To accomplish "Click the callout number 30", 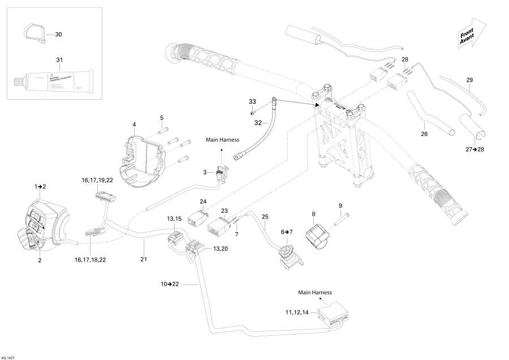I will [59, 35].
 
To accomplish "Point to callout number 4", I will [134, 125].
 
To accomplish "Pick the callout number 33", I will [252, 101].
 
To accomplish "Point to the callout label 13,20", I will [220, 249].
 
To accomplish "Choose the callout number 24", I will [203, 201].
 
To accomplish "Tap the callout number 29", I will [469, 80].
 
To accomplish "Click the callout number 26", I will [424, 134].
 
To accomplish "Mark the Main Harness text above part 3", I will [222, 140].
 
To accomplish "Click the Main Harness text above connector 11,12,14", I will [315, 293].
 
